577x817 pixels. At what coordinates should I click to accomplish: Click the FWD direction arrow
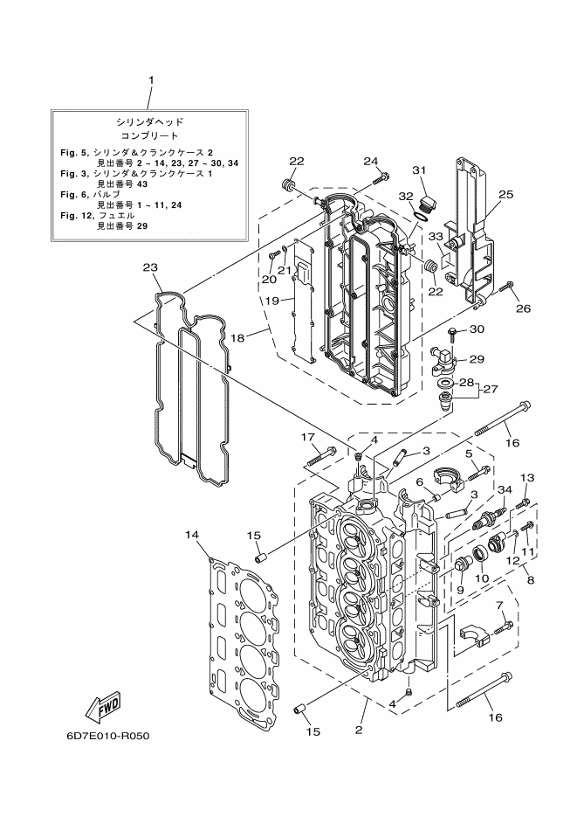tap(103, 704)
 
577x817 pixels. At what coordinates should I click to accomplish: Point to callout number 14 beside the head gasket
tap(192, 534)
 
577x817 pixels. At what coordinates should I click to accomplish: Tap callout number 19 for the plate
tap(272, 300)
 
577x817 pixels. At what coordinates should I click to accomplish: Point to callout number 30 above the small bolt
tap(476, 329)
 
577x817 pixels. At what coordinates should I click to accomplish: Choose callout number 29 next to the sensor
tap(477, 358)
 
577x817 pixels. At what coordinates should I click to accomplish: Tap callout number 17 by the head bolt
tap(309, 437)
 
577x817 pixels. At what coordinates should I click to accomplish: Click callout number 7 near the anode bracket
tap(499, 605)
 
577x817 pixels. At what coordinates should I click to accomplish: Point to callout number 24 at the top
tap(371, 161)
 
